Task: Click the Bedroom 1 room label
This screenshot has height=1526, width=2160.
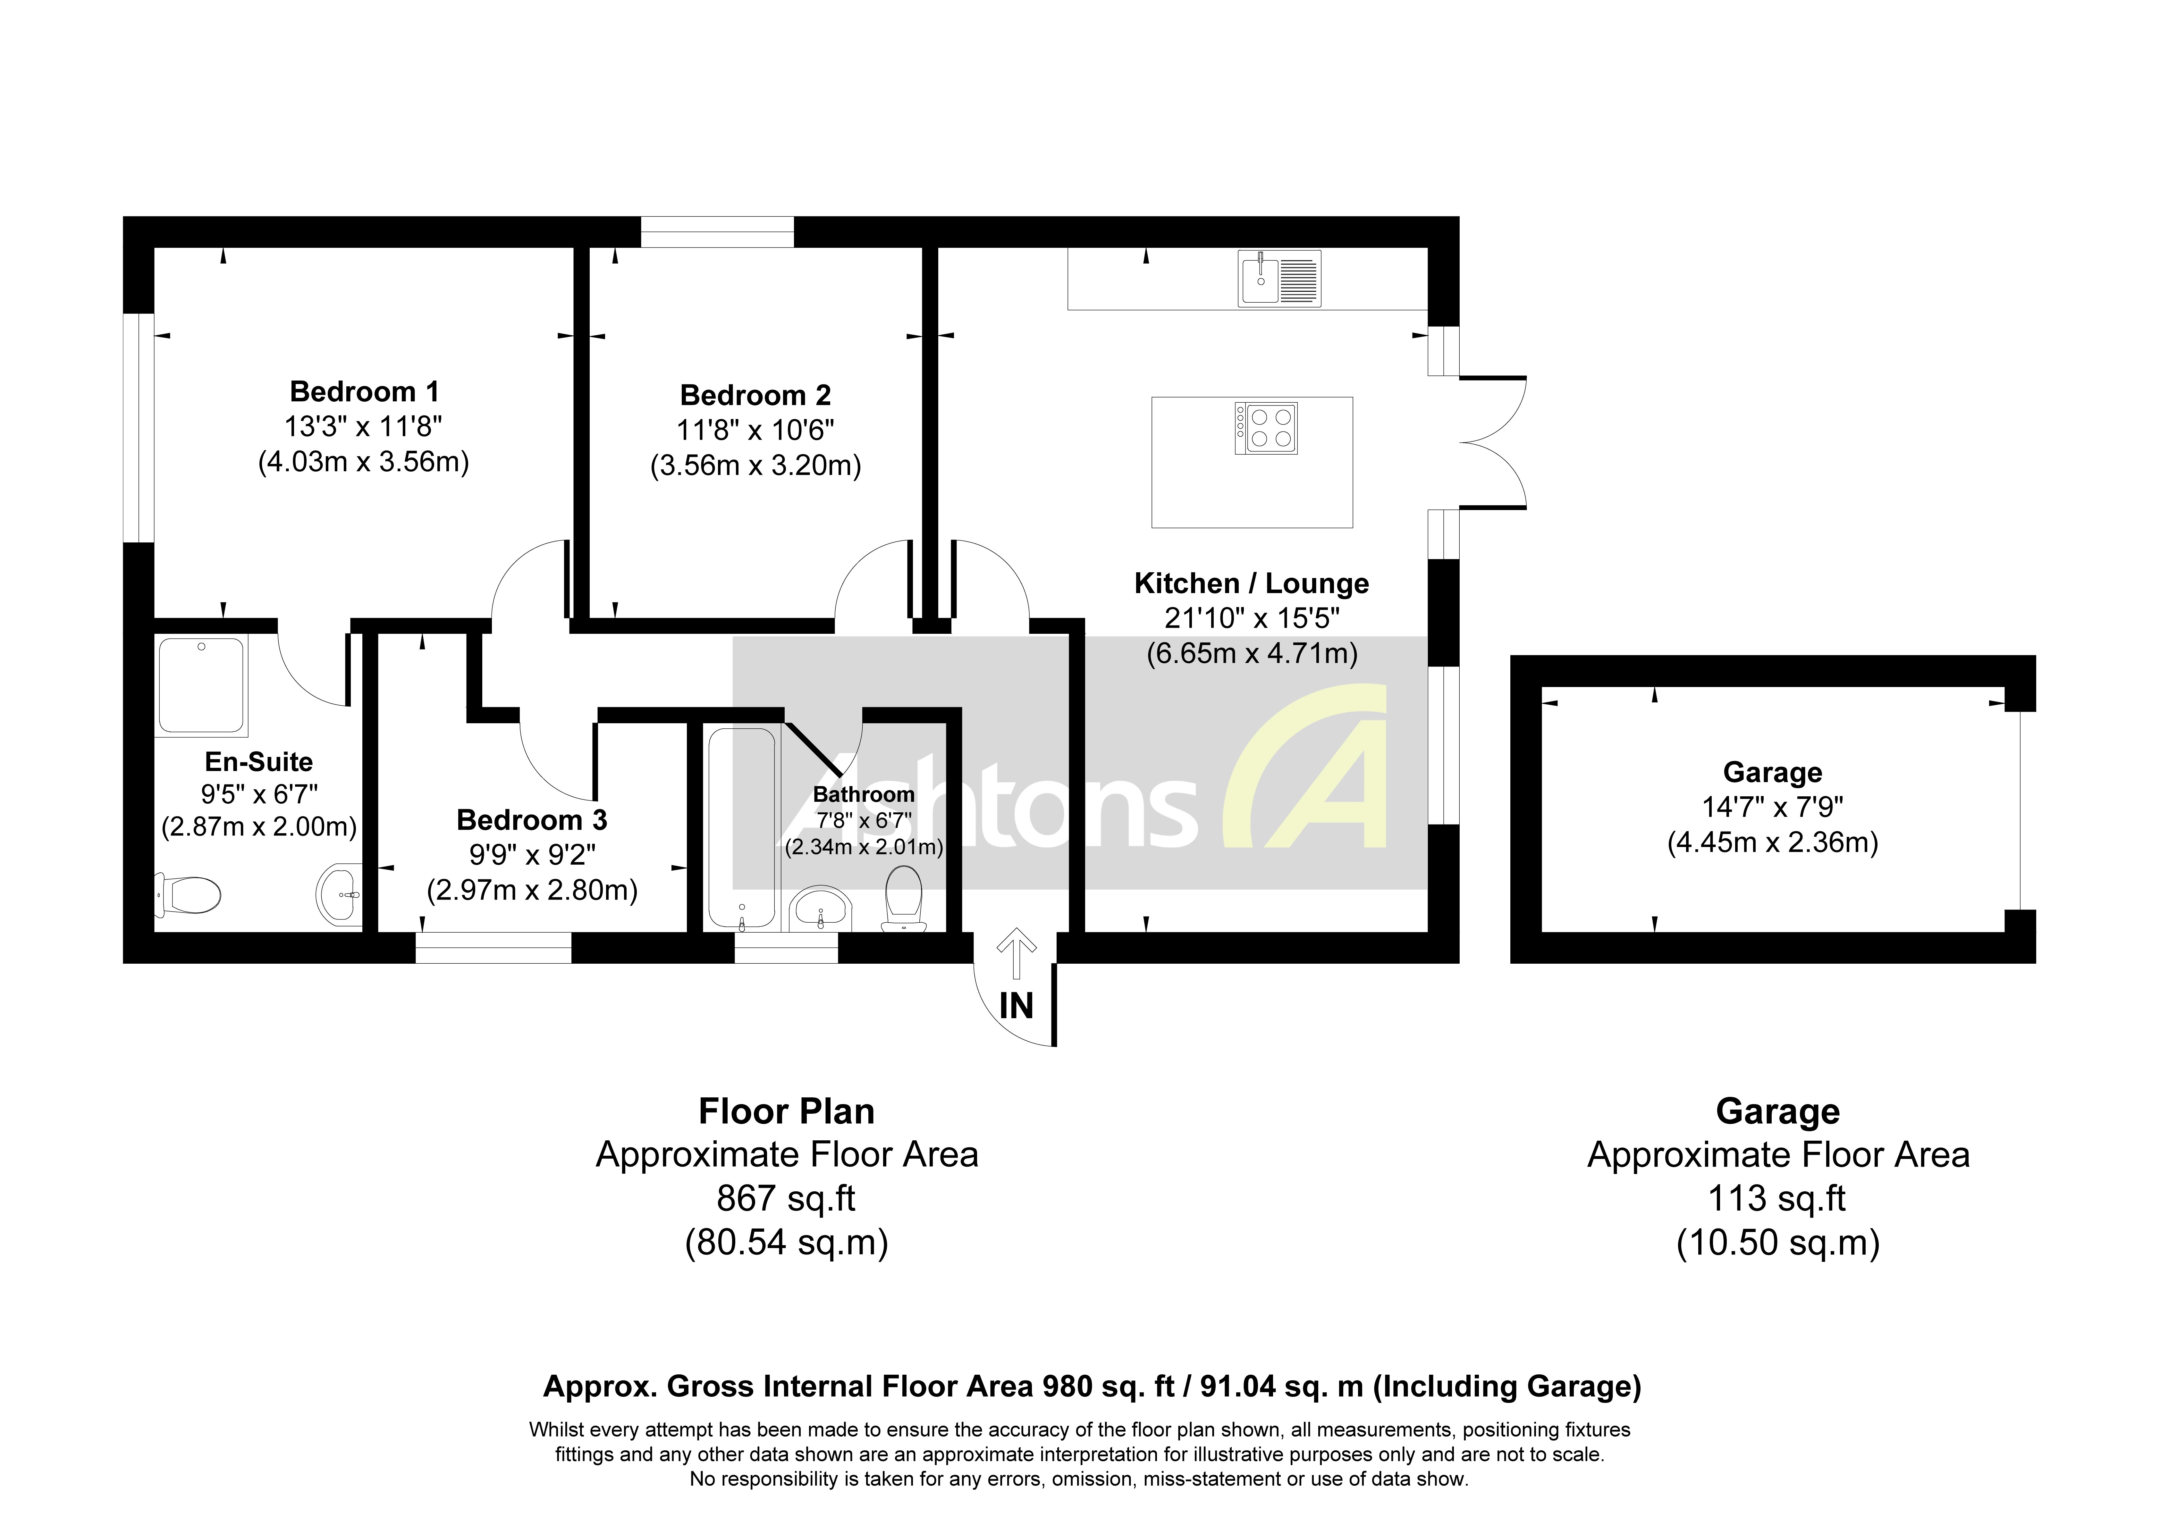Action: (x=364, y=391)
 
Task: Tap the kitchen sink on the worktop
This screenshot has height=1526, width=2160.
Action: (x=1278, y=279)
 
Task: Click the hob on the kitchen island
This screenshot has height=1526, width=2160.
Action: (x=1266, y=428)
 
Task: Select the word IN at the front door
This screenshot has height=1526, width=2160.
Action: (x=1016, y=1007)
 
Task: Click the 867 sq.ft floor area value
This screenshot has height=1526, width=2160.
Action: (x=787, y=1199)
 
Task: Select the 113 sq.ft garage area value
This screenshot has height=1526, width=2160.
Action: (x=1777, y=1199)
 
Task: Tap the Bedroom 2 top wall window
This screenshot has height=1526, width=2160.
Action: (x=717, y=231)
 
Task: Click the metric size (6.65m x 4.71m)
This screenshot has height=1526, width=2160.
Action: (x=1251, y=653)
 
